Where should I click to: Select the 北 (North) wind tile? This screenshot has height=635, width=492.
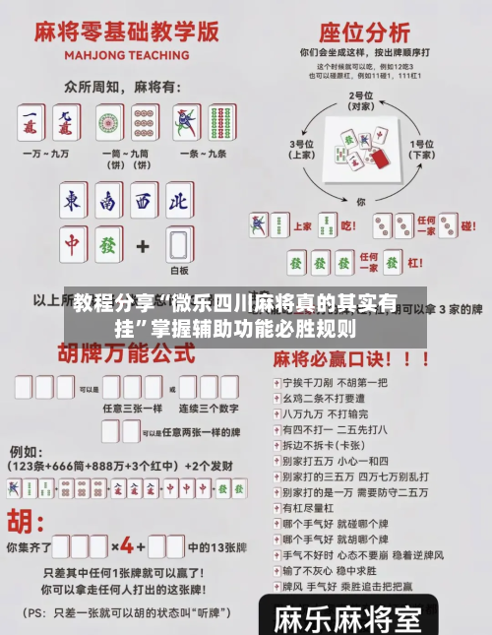(x=177, y=202)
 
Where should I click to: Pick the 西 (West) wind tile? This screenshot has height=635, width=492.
(x=144, y=202)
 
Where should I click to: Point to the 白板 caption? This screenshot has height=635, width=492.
(x=179, y=270)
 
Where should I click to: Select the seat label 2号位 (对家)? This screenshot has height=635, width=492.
(x=361, y=101)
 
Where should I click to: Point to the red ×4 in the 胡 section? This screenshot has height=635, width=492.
(x=127, y=546)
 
